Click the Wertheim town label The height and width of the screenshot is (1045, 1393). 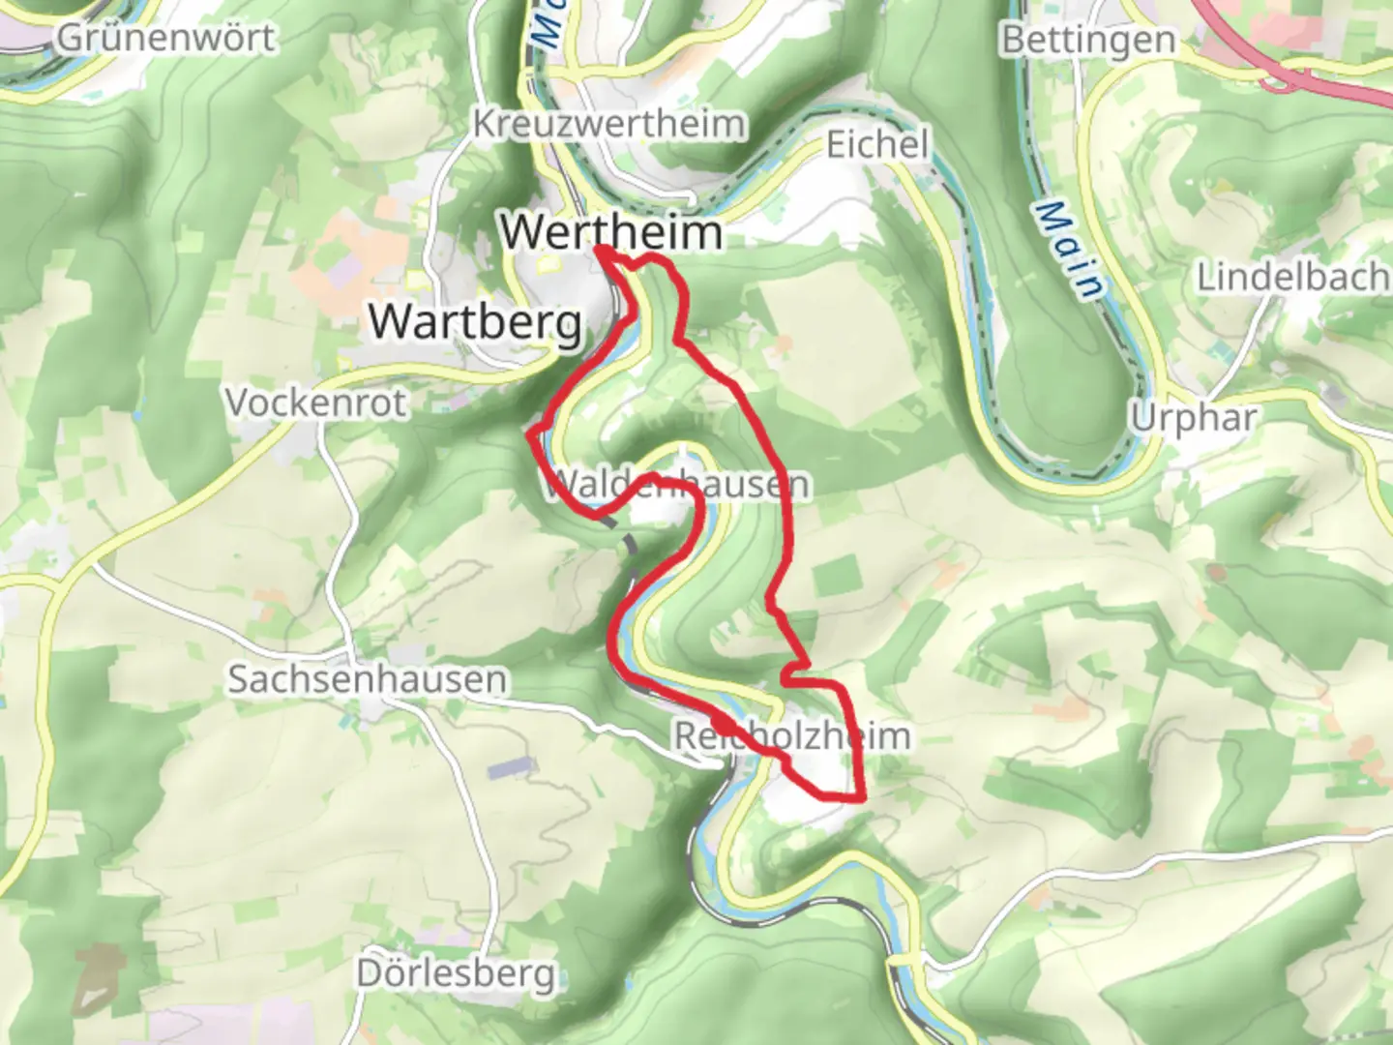click(611, 232)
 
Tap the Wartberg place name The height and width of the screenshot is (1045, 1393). click(476, 321)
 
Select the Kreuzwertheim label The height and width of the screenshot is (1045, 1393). click(609, 124)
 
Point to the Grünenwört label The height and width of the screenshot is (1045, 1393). click(166, 38)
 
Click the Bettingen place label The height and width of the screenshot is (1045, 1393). click(1088, 40)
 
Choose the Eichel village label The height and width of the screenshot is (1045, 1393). click(876, 144)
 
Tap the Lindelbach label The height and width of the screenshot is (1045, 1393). click(1293, 278)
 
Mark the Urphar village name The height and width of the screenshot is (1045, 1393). click(1194, 418)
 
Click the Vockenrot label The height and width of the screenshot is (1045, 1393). click(315, 402)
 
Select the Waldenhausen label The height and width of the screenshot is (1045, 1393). click(675, 484)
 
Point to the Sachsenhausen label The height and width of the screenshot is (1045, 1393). click(367, 679)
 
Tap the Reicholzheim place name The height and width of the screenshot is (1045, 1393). click(791, 735)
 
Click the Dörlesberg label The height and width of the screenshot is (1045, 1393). click(456, 972)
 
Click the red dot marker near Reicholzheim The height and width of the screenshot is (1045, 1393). click(723, 724)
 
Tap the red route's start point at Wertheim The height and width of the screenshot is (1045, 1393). click(600, 251)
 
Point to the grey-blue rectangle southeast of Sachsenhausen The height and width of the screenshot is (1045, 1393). click(511, 769)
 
